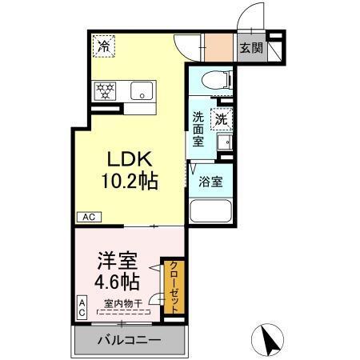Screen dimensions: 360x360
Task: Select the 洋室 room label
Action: tap(117, 262)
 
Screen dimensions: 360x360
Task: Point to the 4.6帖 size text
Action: tap(117, 282)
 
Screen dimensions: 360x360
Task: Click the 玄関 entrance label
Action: tap(251, 48)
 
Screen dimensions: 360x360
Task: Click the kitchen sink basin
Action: tap(142, 90)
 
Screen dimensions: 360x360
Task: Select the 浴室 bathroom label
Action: tap(211, 181)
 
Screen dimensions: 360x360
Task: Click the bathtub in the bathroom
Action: tap(210, 212)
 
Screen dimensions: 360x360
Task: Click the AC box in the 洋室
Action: tap(82, 308)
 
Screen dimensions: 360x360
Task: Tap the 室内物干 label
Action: tap(122, 304)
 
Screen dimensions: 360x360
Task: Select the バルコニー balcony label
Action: tap(129, 340)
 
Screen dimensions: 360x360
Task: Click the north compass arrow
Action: tap(274, 340)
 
